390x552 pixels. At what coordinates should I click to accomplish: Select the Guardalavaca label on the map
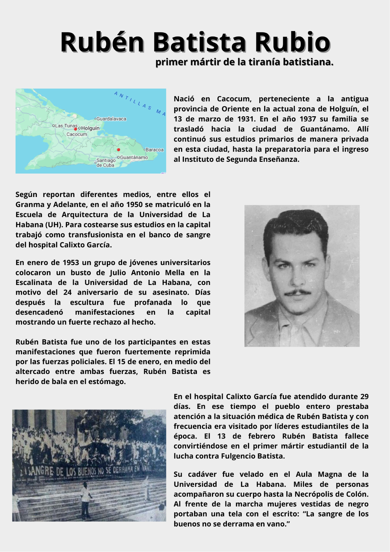pos(111,119)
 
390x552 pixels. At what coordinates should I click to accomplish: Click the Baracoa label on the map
pos(154,150)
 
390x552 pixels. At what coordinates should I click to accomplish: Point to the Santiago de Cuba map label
pos(106,162)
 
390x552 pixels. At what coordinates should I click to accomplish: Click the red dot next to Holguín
pos(76,129)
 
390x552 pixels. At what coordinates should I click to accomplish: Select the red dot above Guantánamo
pos(118,149)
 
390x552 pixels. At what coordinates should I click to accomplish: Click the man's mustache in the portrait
pos(298,292)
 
